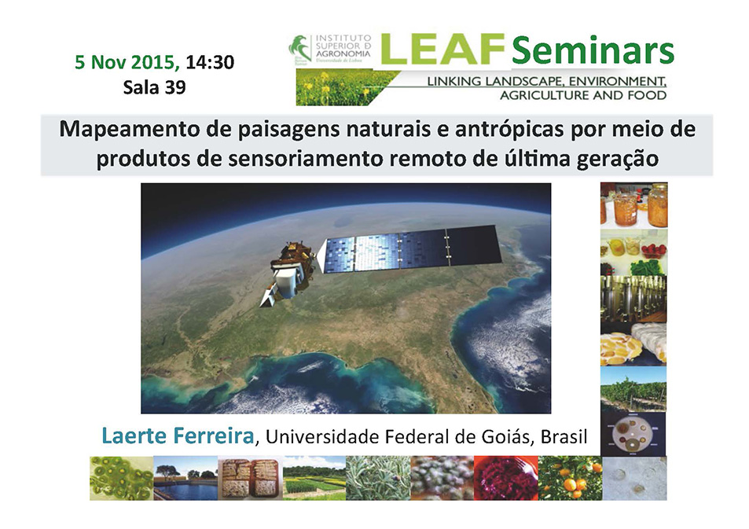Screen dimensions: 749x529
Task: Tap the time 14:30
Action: [210, 62]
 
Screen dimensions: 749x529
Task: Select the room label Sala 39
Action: [154, 87]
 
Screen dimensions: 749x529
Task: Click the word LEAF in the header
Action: [442, 49]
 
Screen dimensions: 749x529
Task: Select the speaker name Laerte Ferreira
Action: [178, 435]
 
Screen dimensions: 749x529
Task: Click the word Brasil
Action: [564, 437]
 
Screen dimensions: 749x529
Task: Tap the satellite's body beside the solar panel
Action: [288, 273]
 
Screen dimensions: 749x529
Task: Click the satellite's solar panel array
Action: [411, 248]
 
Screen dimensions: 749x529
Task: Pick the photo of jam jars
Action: [634, 205]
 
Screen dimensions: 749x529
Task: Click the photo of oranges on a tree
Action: [571, 478]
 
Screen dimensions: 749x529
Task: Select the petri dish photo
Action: [633, 434]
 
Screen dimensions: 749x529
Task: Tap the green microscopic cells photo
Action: [121, 478]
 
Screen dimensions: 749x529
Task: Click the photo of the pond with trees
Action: [185, 478]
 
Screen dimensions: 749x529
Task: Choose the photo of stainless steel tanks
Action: [633, 298]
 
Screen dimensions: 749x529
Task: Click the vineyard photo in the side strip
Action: [633, 389]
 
